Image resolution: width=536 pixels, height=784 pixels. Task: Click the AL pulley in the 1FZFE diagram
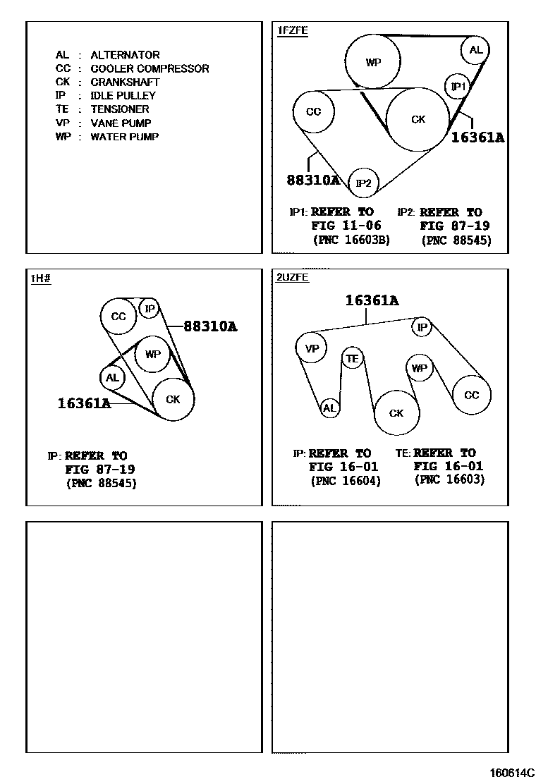point(476,50)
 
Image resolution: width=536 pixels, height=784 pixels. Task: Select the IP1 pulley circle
point(458,87)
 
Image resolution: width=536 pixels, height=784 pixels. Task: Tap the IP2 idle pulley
point(364,183)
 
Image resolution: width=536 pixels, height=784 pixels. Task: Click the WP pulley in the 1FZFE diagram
point(373,62)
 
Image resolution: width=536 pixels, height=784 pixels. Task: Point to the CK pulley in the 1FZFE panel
point(418,120)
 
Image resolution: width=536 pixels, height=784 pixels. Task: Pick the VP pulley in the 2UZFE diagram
point(311,348)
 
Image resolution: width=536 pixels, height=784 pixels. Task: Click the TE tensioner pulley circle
point(352,359)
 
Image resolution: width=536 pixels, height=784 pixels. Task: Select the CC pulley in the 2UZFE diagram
point(471,396)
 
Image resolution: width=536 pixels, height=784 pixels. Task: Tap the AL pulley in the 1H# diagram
point(112,378)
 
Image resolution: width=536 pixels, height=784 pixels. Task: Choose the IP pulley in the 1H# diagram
point(150,308)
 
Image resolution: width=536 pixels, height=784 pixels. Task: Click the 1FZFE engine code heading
point(293,30)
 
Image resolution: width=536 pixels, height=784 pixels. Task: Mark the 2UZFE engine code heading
point(293,277)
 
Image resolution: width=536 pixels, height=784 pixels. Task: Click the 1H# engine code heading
point(40,278)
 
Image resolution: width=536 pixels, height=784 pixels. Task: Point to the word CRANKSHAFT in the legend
point(125,82)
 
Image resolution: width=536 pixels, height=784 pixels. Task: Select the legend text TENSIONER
point(120,109)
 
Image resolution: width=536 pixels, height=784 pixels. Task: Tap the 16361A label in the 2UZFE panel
point(372,301)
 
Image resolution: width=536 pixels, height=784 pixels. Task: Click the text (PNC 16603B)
point(351,240)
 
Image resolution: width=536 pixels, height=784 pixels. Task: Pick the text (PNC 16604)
point(346,481)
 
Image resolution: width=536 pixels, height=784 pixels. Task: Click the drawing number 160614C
point(513,773)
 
